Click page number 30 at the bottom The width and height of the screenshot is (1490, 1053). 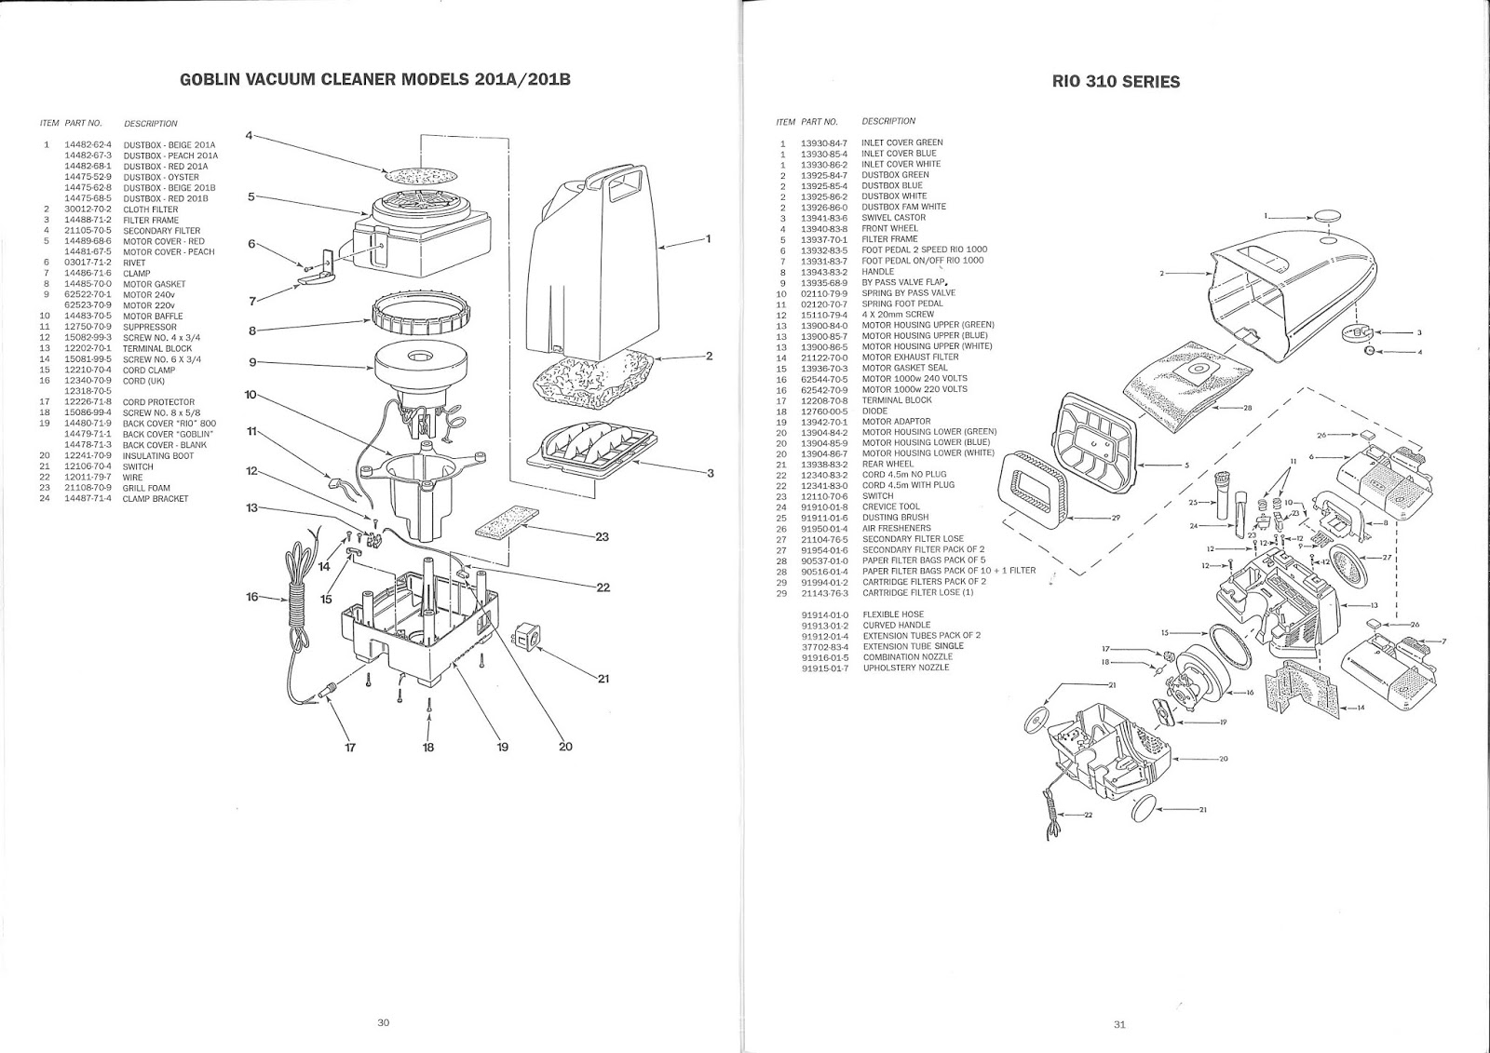[x=383, y=1022]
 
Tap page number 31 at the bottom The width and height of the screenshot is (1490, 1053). [x=1119, y=1026]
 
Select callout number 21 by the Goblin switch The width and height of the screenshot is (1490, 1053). [x=603, y=678]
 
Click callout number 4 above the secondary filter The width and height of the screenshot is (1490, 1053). [x=250, y=135]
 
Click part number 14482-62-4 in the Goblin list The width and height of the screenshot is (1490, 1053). [x=88, y=145]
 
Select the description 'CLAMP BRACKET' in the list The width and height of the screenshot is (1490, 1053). [x=156, y=499]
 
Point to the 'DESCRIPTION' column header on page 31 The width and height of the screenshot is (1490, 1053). [x=888, y=121]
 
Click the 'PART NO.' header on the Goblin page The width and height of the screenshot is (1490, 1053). [x=84, y=123]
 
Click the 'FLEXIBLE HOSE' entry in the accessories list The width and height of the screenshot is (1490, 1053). [x=893, y=614]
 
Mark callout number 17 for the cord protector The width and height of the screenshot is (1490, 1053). [x=350, y=747]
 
